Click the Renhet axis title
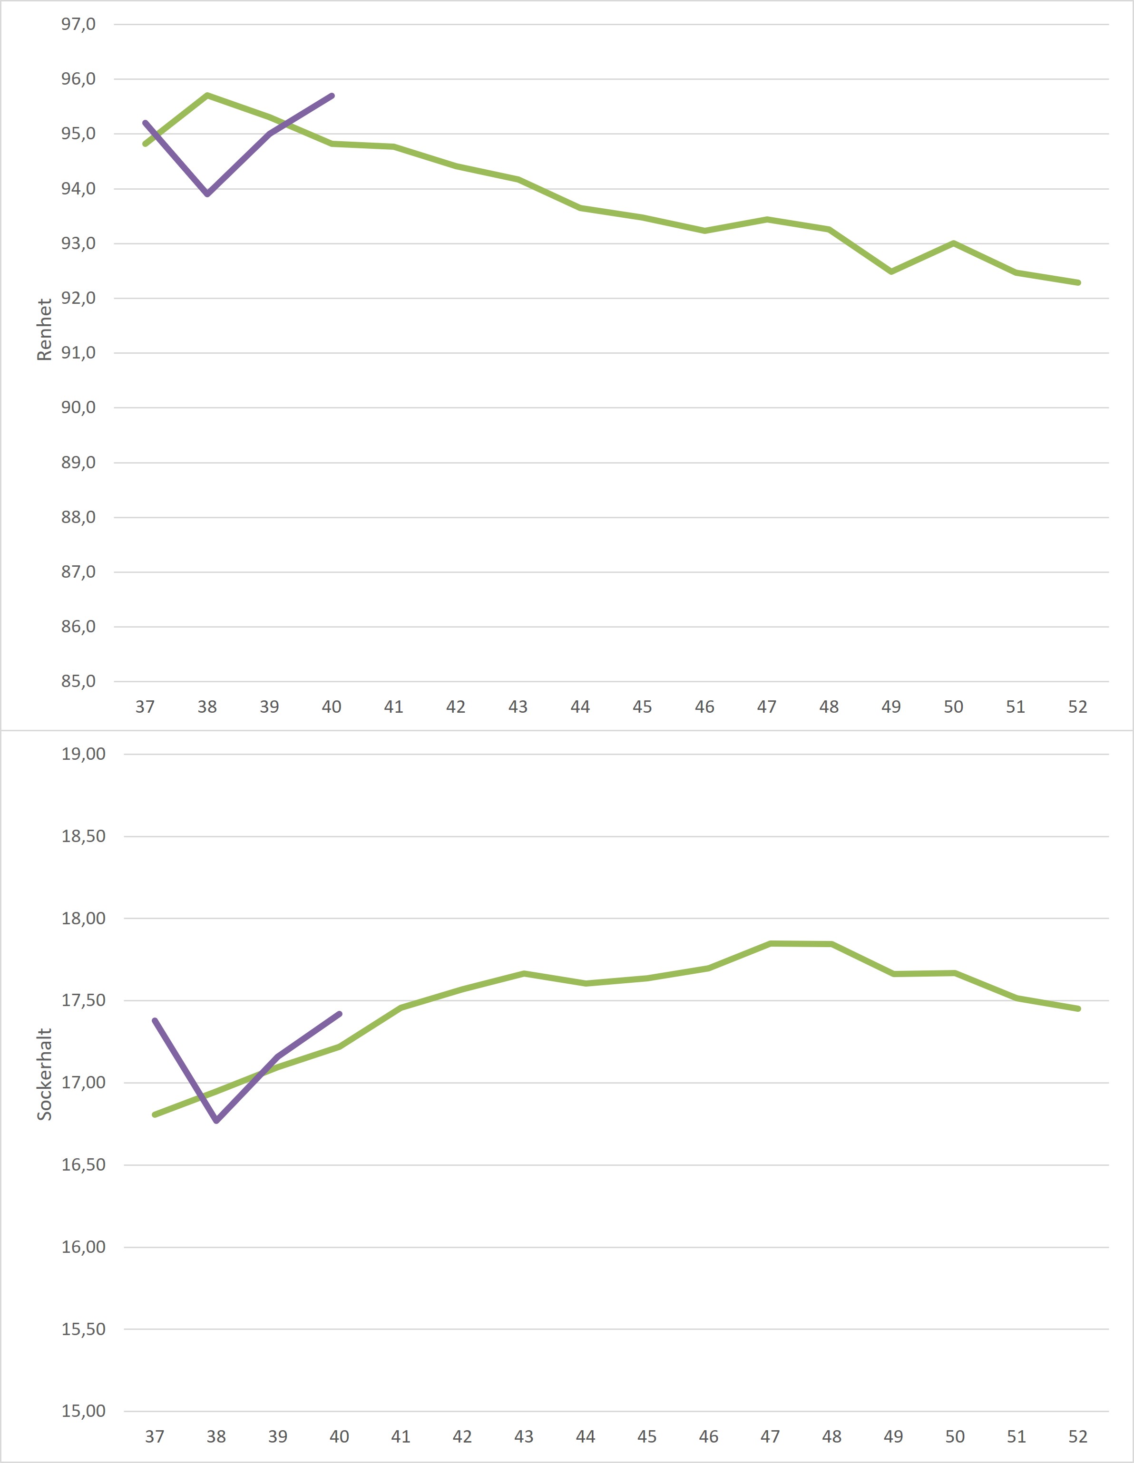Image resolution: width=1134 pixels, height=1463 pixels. (x=44, y=329)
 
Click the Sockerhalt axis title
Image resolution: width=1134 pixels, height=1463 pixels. (x=44, y=1075)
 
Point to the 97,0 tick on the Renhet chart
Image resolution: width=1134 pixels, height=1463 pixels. (x=78, y=25)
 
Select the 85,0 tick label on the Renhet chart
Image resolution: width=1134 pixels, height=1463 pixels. (x=78, y=682)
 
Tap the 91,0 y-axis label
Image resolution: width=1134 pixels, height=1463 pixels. (x=78, y=353)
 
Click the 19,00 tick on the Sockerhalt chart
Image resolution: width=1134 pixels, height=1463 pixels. (x=84, y=754)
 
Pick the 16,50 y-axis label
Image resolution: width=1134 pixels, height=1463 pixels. (x=84, y=1165)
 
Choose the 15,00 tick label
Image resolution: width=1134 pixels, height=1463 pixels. (x=84, y=1412)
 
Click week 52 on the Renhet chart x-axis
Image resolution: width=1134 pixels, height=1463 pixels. (x=1077, y=707)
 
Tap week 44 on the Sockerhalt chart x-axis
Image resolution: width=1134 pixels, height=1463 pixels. (x=585, y=1437)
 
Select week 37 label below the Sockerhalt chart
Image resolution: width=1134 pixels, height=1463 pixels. (x=155, y=1437)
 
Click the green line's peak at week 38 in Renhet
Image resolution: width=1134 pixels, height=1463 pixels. (x=208, y=95)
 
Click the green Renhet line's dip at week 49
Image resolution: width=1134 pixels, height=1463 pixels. (x=891, y=271)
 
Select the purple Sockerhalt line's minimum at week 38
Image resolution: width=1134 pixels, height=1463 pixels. (x=216, y=1121)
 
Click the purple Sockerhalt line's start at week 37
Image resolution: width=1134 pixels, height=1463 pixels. (x=155, y=1021)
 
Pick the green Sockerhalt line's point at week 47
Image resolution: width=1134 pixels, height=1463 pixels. (x=771, y=943)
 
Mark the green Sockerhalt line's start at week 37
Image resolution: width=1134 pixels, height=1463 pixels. (x=155, y=1114)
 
